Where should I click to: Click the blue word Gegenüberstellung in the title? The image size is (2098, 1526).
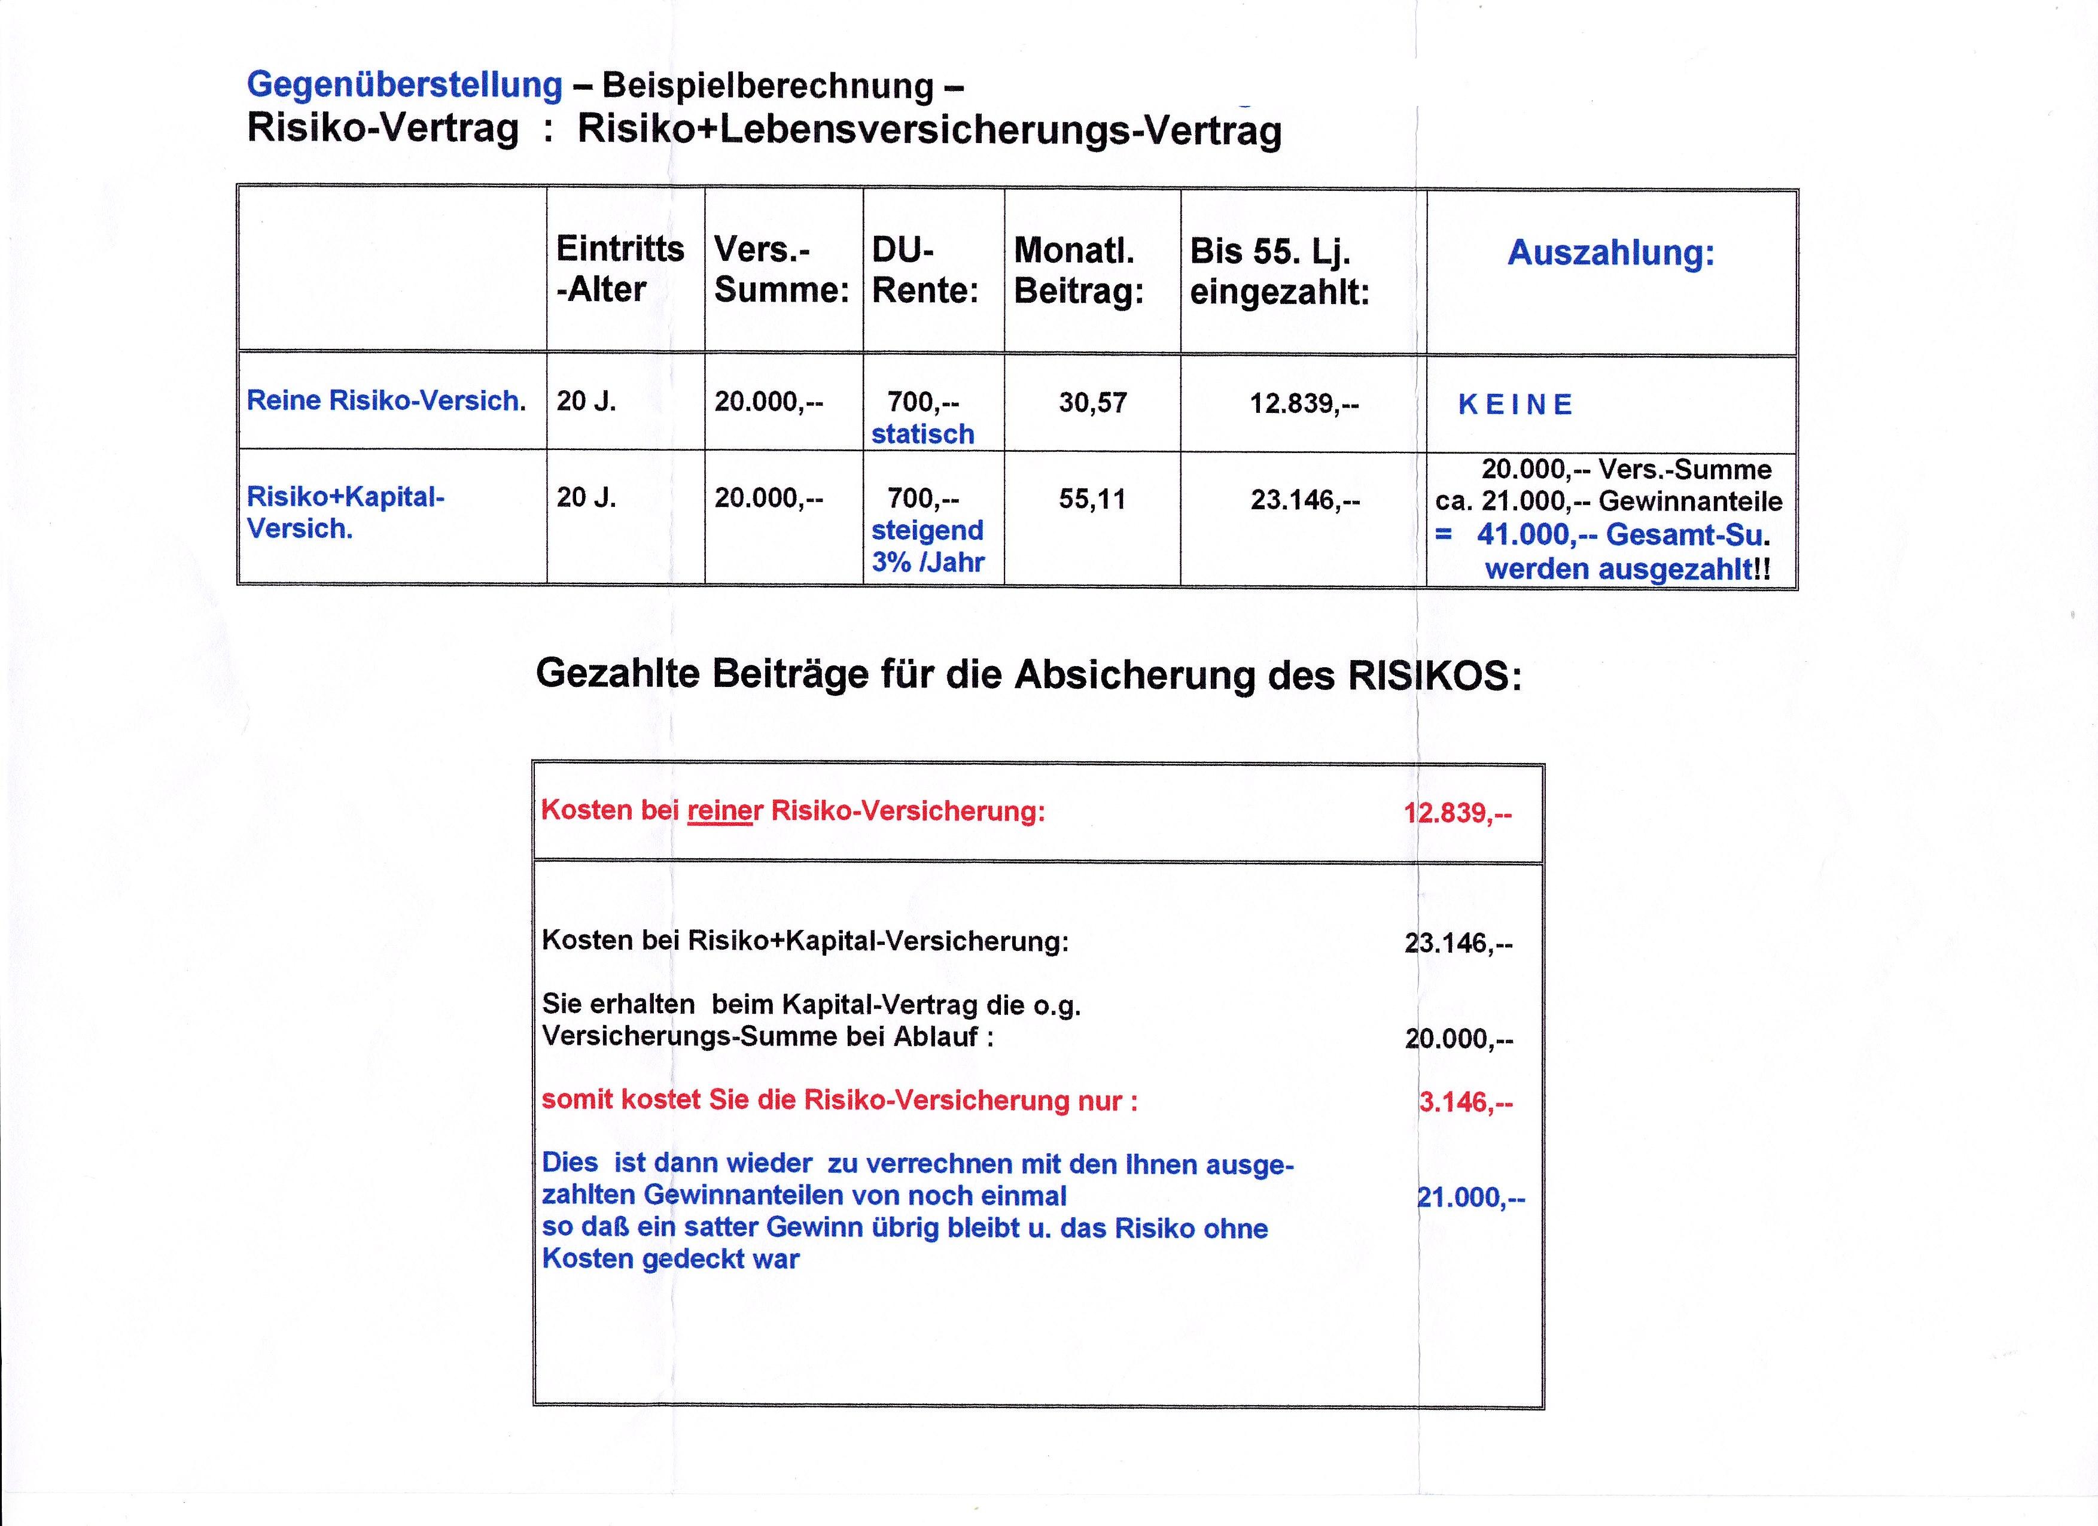coord(404,85)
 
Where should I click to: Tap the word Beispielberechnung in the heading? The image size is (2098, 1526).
coord(767,86)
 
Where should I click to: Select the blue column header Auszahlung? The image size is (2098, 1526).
coord(1610,253)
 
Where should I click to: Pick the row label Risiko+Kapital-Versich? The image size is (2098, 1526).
coord(345,512)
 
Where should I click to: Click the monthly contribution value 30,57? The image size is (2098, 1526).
coord(1092,403)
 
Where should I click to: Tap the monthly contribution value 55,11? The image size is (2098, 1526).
coord(1092,500)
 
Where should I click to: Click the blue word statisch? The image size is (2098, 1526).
coord(922,434)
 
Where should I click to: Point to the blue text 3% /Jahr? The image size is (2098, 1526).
coord(927,562)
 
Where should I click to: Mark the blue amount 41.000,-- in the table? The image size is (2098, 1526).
coord(1536,535)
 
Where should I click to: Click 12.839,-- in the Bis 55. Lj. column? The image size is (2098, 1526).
coord(1304,403)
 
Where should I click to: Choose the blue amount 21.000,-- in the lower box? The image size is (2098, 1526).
coord(1471,1197)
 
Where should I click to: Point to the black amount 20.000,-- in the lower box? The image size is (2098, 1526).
coord(1459,1038)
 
